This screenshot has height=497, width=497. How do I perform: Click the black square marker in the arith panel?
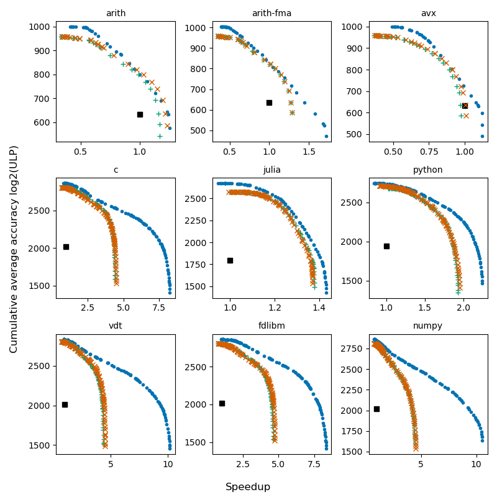tap(140, 114)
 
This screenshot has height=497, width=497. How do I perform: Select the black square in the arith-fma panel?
tap(269, 103)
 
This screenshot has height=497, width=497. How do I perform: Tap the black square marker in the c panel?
tap(66, 247)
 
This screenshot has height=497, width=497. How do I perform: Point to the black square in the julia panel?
tap(230, 260)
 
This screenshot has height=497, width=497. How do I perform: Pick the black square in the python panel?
tap(386, 246)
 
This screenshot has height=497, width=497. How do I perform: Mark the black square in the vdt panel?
tap(65, 404)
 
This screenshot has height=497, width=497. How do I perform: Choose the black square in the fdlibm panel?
tap(222, 403)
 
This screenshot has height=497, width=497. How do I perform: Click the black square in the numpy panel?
tap(376, 409)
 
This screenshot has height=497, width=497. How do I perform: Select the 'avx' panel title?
tap(428, 13)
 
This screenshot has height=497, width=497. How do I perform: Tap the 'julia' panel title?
tap(271, 170)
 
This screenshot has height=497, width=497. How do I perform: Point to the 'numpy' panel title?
tap(428, 326)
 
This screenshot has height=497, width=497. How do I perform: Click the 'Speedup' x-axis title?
tap(248, 487)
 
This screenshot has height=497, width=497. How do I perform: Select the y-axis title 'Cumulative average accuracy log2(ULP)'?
tap(14, 248)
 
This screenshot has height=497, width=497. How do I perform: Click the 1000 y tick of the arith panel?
tap(41, 27)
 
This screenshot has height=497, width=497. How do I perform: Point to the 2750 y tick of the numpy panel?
tap(352, 349)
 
